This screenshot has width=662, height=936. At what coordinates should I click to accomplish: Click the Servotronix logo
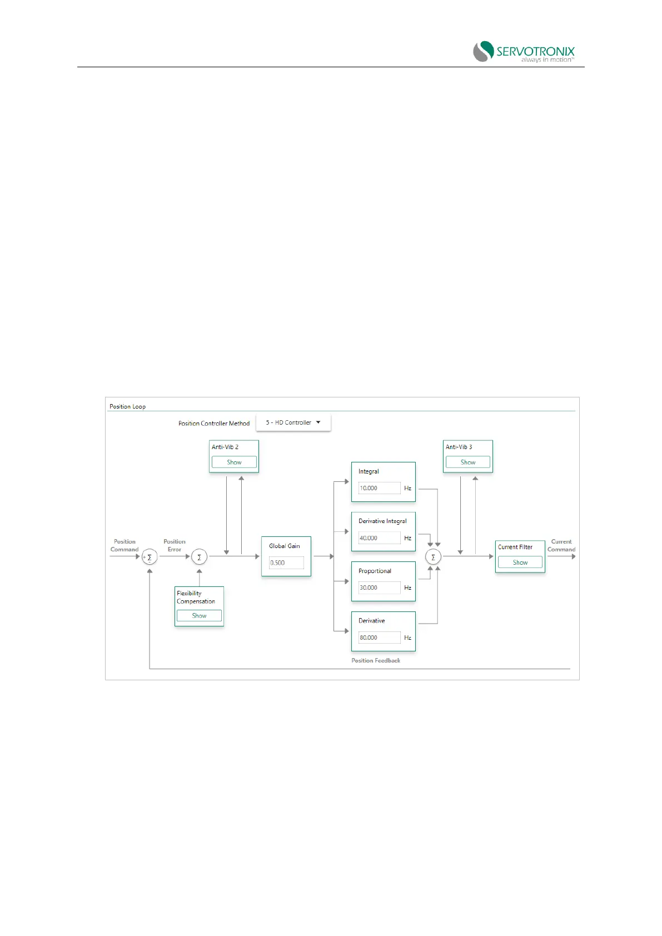[524, 52]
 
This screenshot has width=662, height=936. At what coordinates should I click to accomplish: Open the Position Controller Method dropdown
[293, 422]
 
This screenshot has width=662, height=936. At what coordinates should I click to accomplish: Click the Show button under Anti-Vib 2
[234, 462]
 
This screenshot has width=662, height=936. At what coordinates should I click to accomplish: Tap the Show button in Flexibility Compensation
[199, 616]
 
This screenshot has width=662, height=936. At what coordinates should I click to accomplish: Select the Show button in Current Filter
[520, 562]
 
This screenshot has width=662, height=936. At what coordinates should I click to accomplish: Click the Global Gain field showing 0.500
[286, 563]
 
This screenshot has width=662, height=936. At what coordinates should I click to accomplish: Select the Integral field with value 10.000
[379, 488]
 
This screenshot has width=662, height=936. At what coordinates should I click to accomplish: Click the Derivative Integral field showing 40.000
[379, 538]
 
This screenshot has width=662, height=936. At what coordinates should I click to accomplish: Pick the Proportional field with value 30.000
[379, 588]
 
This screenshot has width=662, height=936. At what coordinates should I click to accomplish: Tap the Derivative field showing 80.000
[379, 638]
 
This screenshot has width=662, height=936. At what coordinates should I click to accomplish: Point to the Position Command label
[125, 545]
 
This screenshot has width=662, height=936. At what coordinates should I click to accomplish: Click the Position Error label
[175, 545]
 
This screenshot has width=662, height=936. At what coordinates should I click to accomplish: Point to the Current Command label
[561, 545]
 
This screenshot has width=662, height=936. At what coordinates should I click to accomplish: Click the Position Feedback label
[376, 660]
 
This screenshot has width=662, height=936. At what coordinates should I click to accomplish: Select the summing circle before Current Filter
[433, 556]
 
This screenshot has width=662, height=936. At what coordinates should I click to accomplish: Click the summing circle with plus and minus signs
[150, 556]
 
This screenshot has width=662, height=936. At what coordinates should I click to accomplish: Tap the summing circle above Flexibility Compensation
[199, 556]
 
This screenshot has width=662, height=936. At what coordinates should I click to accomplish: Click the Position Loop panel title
[127, 406]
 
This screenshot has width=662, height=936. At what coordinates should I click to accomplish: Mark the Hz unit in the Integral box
[407, 488]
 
